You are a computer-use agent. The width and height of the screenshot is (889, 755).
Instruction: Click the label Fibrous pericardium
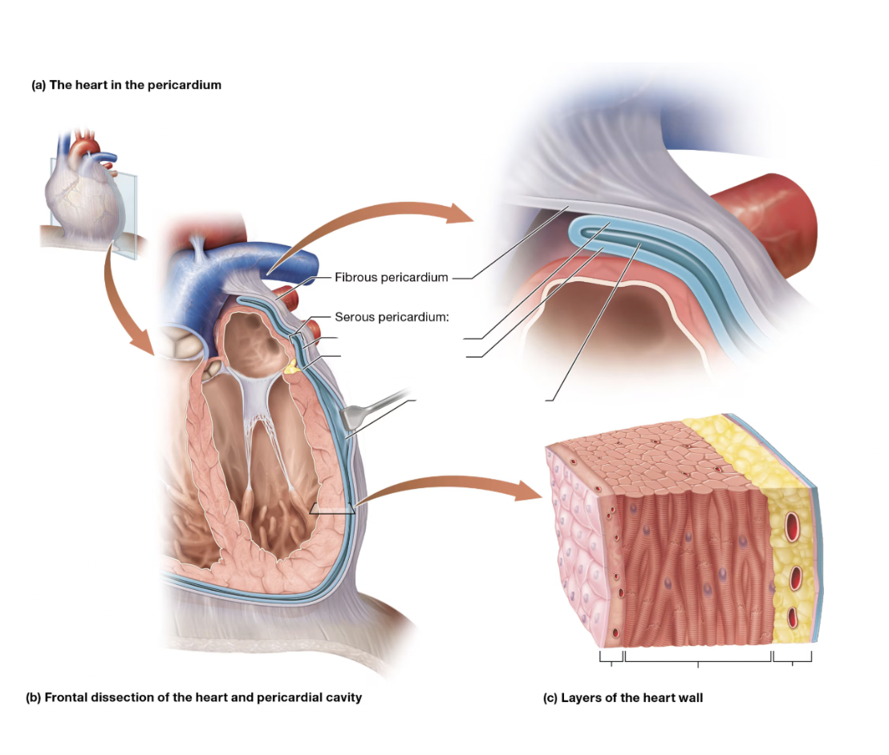point(392,277)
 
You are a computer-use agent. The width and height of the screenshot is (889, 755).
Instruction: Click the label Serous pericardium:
point(392,317)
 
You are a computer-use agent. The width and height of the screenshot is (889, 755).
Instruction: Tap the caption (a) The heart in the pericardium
point(127,85)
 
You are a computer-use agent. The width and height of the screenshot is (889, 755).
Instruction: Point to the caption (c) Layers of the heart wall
point(623,698)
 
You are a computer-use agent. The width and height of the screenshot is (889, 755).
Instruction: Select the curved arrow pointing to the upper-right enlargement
point(363,218)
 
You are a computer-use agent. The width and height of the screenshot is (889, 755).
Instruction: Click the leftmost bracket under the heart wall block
point(611,657)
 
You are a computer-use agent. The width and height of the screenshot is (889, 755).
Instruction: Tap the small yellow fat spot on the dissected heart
point(292,368)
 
